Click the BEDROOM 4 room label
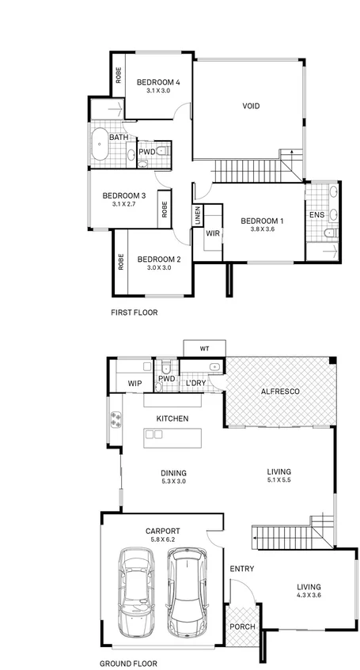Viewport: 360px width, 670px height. (x=158, y=82)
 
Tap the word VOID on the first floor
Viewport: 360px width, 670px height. (x=251, y=106)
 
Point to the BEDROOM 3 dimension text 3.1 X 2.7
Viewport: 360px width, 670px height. (x=124, y=204)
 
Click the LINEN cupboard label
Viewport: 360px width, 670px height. (x=197, y=215)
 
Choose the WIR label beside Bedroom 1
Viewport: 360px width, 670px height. (x=212, y=233)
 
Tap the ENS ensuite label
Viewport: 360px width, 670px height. (x=316, y=214)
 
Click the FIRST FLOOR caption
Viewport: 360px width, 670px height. (x=135, y=312)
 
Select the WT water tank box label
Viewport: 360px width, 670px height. (x=204, y=348)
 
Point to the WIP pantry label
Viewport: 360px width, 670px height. (x=135, y=384)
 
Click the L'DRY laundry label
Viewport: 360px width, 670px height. (x=195, y=384)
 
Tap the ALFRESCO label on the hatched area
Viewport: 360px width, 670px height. (x=279, y=392)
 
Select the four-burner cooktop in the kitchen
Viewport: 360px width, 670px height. (x=115, y=421)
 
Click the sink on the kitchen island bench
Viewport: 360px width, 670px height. (x=153, y=434)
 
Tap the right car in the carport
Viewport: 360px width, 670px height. (x=184, y=591)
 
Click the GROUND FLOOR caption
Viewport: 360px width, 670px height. (x=128, y=664)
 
